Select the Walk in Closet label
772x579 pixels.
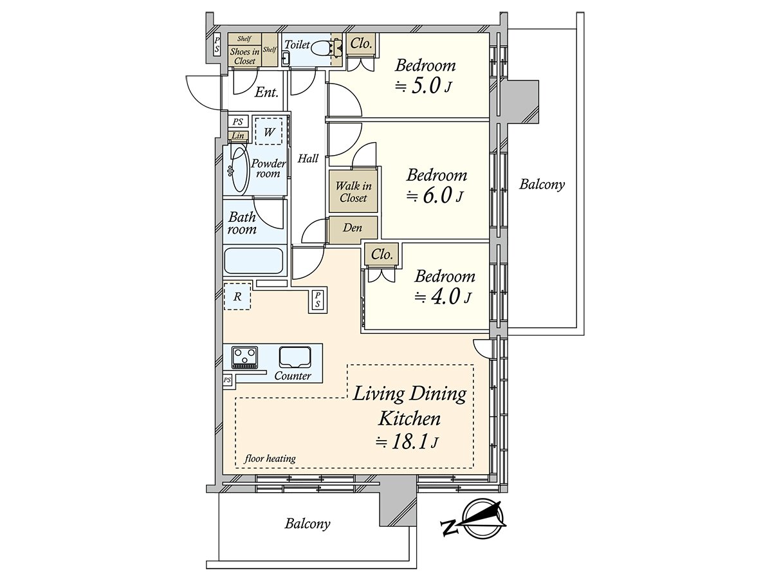[353, 192]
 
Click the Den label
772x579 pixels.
[352, 228]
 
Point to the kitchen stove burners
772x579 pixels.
[244, 357]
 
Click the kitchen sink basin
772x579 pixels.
[295, 356]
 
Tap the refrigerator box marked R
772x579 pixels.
[237, 297]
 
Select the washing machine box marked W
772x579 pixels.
[270, 132]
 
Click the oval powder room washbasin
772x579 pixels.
[239, 170]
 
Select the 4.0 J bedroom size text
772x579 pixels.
[444, 297]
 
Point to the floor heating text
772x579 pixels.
[270, 459]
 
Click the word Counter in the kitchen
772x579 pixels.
[293, 376]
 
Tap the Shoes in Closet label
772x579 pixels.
[244, 56]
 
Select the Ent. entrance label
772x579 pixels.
[266, 93]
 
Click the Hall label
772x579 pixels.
[308, 158]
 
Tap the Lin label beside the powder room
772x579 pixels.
[238, 136]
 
